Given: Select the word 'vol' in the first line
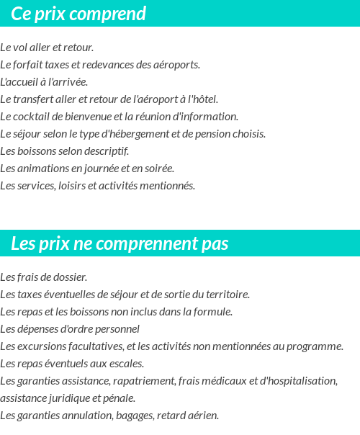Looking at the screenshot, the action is tap(20, 48).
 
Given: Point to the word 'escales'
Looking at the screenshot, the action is tap(125, 364).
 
